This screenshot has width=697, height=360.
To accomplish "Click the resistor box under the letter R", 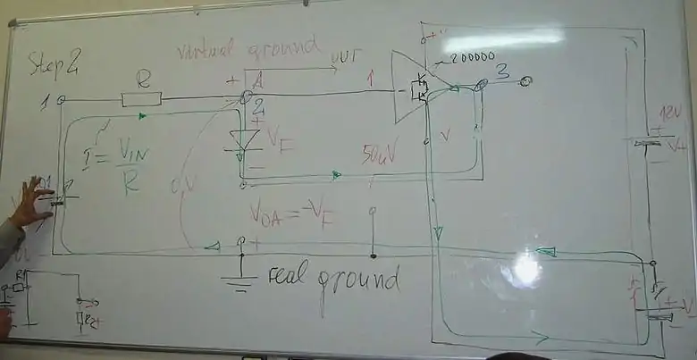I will [141, 98].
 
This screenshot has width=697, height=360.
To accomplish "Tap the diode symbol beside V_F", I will [244, 140].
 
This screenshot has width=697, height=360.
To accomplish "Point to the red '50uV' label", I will [381, 155].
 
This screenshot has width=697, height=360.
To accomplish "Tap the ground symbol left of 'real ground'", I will [239, 280].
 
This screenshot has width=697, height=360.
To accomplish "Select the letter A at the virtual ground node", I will [256, 82].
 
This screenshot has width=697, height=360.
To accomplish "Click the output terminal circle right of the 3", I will [526, 82].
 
